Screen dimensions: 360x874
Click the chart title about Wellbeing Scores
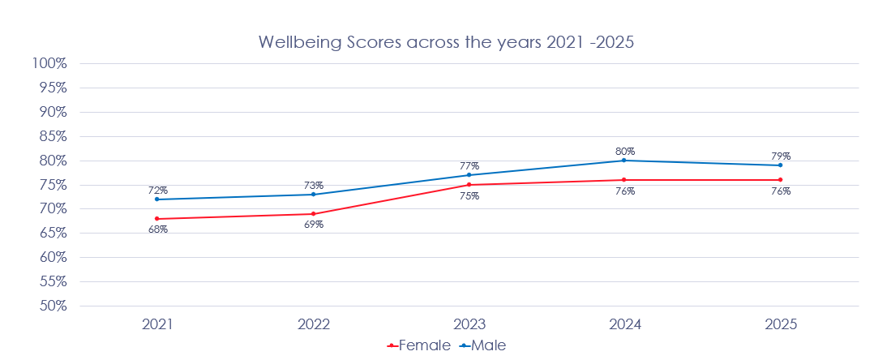(x=445, y=42)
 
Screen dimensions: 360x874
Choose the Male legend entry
(x=483, y=345)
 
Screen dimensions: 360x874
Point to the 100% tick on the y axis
(x=49, y=63)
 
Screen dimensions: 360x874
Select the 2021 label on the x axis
(x=157, y=324)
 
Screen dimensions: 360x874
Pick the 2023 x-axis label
(x=469, y=324)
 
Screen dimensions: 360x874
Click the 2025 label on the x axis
(x=781, y=324)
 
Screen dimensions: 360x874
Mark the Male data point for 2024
(x=624, y=161)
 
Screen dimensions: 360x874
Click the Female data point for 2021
(x=157, y=219)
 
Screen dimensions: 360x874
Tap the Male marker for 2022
(x=313, y=195)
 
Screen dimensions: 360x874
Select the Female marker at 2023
(x=469, y=185)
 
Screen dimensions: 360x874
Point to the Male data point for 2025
(x=781, y=165)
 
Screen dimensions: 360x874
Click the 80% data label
(x=625, y=151)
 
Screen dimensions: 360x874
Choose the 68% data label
(x=157, y=229)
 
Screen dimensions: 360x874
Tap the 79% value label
(x=781, y=156)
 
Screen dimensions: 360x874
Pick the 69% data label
(x=314, y=225)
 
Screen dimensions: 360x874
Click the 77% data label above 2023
(x=469, y=165)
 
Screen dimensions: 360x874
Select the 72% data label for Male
(x=157, y=190)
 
